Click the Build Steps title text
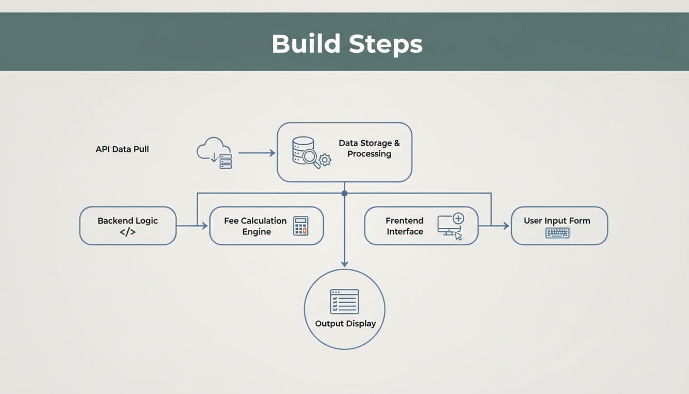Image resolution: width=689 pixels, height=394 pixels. tap(347, 44)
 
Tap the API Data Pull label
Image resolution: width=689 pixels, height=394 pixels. tap(122, 149)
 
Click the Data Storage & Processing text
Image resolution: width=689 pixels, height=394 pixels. tap(369, 148)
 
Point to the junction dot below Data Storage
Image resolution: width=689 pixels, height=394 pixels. tap(344, 193)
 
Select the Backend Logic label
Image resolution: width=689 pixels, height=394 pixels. tap(128, 221)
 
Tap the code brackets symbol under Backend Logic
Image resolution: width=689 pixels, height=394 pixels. tap(128, 232)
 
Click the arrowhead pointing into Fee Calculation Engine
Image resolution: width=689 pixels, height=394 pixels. tap(205, 226)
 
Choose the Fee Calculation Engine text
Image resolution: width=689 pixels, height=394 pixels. tap(255, 226)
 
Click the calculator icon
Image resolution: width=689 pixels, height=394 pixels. tap(300, 226)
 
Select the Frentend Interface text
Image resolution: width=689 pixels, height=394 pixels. tap(404, 226)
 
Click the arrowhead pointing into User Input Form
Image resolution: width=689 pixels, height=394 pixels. tap(506, 226)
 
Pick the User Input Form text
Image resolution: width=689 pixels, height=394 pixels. tap(557, 221)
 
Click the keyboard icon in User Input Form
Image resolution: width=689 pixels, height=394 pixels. tap(557, 233)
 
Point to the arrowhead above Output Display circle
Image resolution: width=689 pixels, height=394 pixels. tap(344, 263)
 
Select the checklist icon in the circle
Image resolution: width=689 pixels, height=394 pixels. tap(344, 301)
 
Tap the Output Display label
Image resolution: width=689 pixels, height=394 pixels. tap(345, 324)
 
